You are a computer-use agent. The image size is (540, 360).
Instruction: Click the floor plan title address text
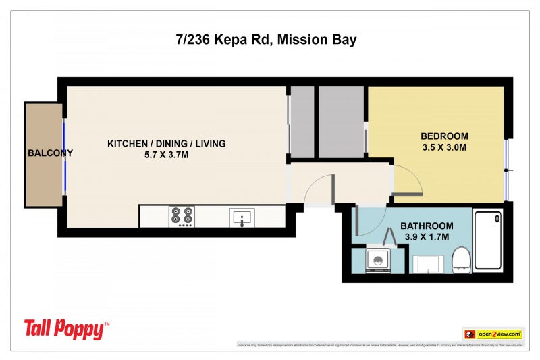(x=266, y=40)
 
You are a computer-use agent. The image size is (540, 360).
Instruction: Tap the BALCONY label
(x=50, y=153)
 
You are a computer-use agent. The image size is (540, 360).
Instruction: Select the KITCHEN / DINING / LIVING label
(x=167, y=143)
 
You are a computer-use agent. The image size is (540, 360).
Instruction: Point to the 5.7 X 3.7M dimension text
(x=167, y=155)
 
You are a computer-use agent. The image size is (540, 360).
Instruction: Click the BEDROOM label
(x=444, y=136)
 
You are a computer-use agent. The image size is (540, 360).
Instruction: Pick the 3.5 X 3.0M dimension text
(x=444, y=147)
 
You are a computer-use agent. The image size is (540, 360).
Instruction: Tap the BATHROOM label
(x=427, y=226)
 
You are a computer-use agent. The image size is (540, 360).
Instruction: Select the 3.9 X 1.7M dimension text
(x=427, y=237)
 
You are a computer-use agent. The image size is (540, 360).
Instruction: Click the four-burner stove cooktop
(x=182, y=216)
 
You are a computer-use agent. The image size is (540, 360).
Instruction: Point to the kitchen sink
(x=242, y=217)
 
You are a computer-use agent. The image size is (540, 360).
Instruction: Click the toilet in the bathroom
(x=461, y=259)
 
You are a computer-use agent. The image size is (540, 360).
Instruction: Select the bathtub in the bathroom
(x=489, y=242)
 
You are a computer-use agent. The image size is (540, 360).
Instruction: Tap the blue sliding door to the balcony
(x=65, y=156)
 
